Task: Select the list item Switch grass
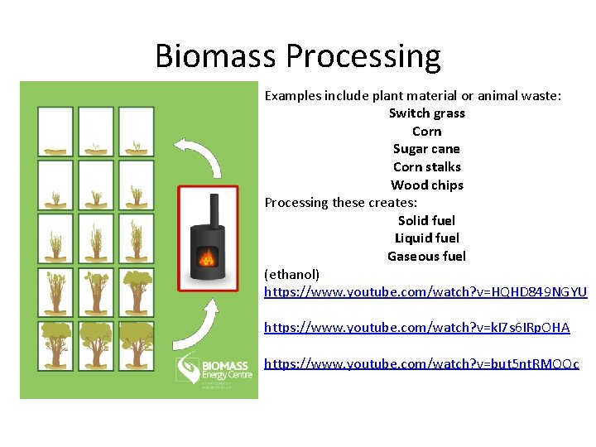click(x=426, y=113)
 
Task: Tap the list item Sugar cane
click(x=426, y=149)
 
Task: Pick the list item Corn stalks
click(x=426, y=167)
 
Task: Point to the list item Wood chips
click(x=426, y=185)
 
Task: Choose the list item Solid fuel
click(x=426, y=221)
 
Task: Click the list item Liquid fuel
click(x=426, y=238)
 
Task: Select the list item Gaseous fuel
click(x=426, y=257)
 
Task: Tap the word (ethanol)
click(x=291, y=274)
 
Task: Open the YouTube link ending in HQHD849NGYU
click(x=425, y=292)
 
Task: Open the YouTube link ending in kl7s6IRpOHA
click(x=416, y=328)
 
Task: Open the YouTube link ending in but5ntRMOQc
click(x=421, y=363)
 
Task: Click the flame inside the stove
click(x=206, y=258)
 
